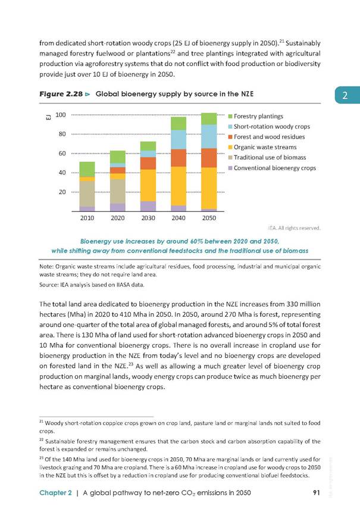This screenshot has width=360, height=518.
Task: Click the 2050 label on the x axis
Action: pos(209,218)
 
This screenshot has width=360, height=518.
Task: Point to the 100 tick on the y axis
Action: pos(61,115)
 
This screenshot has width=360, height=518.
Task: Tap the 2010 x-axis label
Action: pos(87,218)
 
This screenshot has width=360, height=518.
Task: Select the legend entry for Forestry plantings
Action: pos(256,116)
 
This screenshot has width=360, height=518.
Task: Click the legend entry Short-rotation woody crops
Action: pos(269,127)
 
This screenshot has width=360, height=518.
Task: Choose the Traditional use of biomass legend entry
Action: pos(267,158)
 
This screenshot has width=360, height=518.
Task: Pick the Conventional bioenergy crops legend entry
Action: pos(272,168)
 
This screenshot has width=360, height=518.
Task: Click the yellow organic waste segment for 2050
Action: pos(209,188)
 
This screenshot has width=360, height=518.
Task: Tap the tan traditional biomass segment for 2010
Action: pos(87,194)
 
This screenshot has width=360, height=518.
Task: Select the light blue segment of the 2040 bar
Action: pos(179,140)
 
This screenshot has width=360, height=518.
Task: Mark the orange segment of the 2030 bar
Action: pos(148,163)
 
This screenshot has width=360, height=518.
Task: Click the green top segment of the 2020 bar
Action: pos(118,157)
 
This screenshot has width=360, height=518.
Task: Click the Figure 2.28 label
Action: pos(61,94)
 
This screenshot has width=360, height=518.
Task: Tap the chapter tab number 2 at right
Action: pos(345,95)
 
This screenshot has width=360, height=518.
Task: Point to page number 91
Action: pos(317,493)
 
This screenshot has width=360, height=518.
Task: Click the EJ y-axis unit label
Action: pos(48,117)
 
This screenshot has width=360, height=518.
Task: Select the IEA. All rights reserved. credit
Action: pos(294,228)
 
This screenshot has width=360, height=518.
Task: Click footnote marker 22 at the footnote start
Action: pos(41,440)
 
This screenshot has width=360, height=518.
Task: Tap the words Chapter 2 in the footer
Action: pos(55,493)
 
